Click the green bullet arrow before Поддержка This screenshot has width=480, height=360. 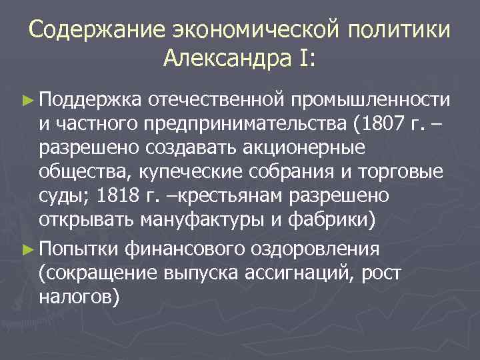pos(27,99)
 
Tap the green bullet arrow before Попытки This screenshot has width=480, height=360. pos(27,249)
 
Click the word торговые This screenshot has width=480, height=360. pos(401,172)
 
